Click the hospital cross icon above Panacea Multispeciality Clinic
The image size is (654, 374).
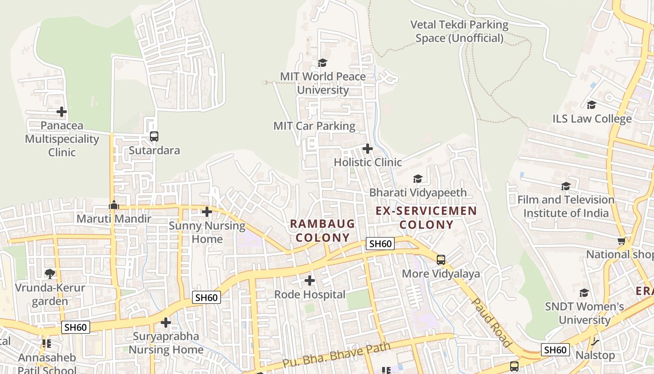(x=62, y=112)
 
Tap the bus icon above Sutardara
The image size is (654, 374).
(x=154, y=137)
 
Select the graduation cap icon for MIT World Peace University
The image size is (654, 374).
(x=322, y=63)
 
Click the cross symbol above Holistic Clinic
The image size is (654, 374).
(x=368, y=149)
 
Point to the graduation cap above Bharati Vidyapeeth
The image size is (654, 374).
(x=418, y=179)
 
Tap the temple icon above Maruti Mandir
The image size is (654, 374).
(x=114, y=205)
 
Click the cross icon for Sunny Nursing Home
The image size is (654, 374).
(x=207, y=212)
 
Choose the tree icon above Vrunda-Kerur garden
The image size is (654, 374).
(x=50, y=273)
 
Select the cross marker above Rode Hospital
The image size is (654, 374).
(x=309, y=280)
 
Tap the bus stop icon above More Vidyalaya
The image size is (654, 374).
(x=441, y=260)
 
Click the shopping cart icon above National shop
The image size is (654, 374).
(x=621, y=241)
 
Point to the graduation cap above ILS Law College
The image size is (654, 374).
(x=591, y=105)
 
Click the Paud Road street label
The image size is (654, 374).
(x=491, y=323)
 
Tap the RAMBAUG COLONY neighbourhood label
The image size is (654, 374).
(x=322, y=230)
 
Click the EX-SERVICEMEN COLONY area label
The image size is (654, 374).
(x=427, y=217)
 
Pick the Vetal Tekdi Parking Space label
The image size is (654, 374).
(x=459, y=31)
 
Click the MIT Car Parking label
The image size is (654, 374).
(x=314, y=126)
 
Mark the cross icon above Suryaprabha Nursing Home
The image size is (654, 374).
(x=166, y=323)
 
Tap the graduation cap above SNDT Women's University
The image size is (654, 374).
(x=584, y=293)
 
